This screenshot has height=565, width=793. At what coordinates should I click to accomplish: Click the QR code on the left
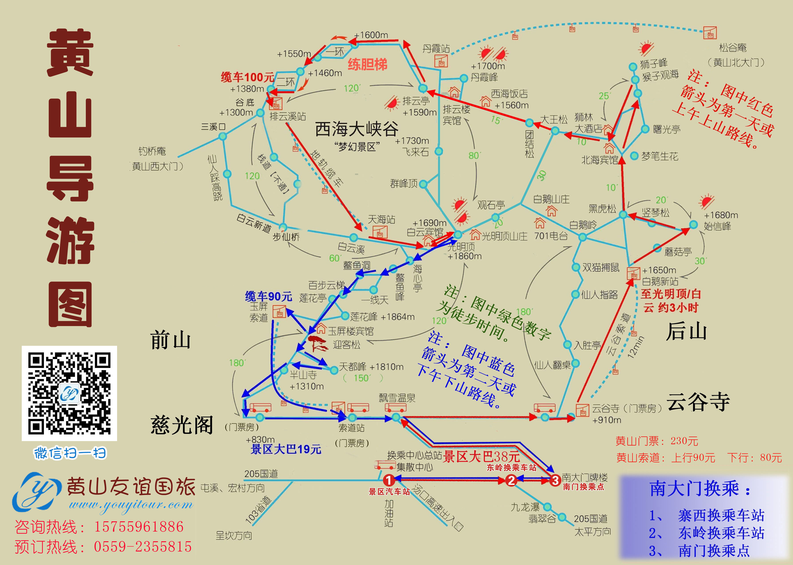tap(69, 393)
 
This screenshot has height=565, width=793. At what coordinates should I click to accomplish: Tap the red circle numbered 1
tap(388, 481)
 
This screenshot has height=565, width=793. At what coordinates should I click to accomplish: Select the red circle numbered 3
tap(555, 481)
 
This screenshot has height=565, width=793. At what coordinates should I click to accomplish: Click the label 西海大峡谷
tap(356, 129)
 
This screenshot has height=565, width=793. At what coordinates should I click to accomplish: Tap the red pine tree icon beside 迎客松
tap(317, 343)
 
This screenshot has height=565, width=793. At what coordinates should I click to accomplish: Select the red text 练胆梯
tap(367, 64)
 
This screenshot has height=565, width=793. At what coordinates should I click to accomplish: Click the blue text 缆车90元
tap(268, 296)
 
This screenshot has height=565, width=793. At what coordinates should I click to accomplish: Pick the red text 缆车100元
tap(247, 77)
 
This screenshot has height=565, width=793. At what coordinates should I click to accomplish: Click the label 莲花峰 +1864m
tap(382, 317)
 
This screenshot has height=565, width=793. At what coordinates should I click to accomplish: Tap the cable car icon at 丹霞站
tap(441, 62)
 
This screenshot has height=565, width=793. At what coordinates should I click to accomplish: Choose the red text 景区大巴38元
tap(482, 456)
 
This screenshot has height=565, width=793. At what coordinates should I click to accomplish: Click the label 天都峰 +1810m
tap(371, 367)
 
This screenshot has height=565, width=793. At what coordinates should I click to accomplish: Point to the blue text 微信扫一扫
tap(70, 453)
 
